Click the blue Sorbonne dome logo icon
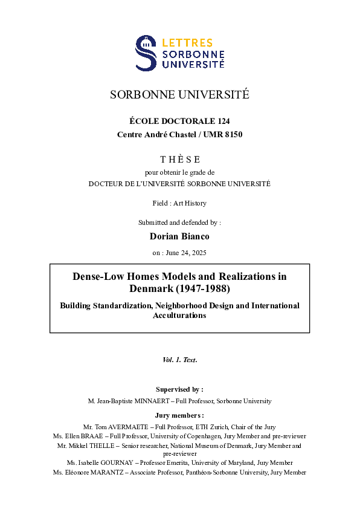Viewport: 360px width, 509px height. (x=147, y=53)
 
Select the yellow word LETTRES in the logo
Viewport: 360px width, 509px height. (x=187, y=43)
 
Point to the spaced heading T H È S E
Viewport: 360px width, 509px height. (x=179, y=160)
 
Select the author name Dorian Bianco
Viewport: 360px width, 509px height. (x=179, y=236)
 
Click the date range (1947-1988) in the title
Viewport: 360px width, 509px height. (x=205, y=289)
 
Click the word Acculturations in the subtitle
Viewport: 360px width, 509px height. (x=179, y=316)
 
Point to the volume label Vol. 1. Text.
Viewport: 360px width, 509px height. (x=179, y=360)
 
